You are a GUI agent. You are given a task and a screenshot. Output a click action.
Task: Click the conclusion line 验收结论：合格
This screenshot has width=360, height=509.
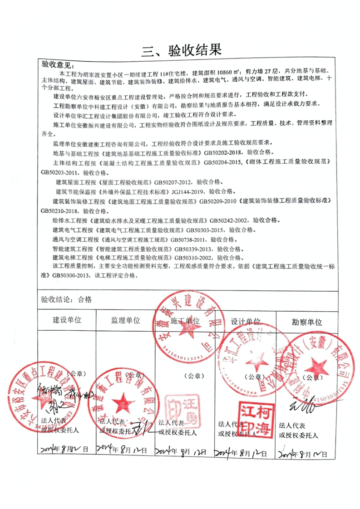pyautogui.click(x=66, y=299)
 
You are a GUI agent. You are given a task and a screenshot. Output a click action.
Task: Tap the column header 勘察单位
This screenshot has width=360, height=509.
pyautogui.click(x=306, y=322)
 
